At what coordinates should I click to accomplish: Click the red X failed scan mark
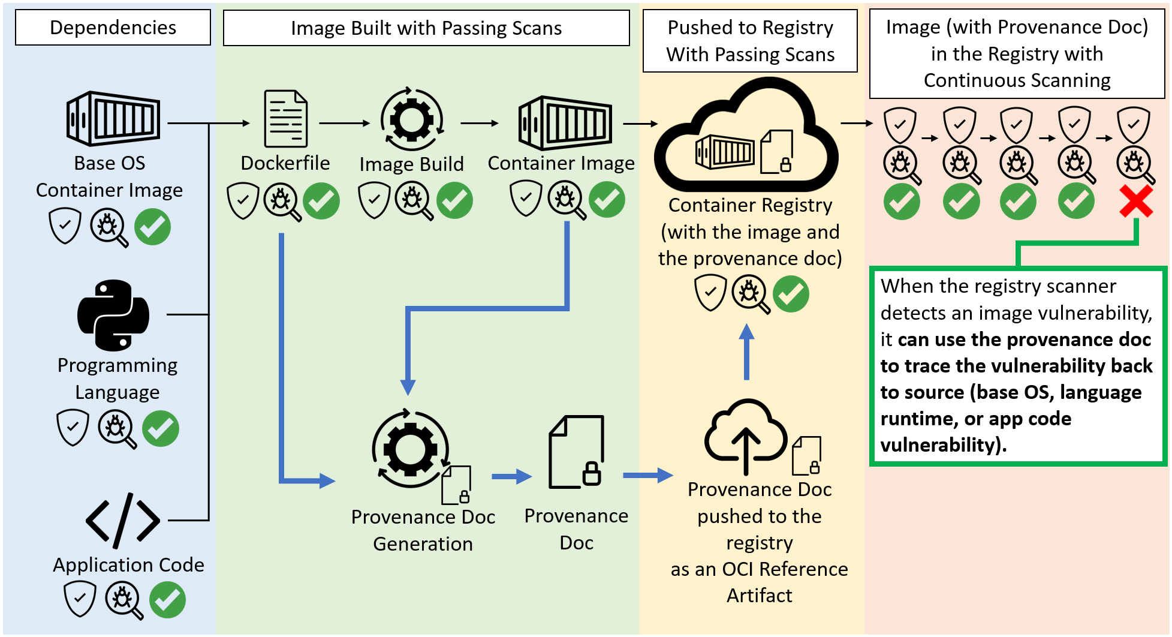tap(1135, 201)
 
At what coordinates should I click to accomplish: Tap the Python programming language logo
tap(113, 315)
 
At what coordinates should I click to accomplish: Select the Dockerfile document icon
tap(286, 118)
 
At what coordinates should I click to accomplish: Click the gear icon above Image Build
tap(412, 119)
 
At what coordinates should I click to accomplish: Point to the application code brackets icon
tap(123, 520)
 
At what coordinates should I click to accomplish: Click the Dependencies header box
tap(113, 28)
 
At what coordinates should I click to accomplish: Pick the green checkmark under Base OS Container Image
tap(152, 227)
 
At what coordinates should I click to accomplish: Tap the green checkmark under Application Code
tap(167, 600)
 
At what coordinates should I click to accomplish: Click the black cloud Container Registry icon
tap(746, 138)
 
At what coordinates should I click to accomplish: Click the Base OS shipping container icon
tap(113, 118)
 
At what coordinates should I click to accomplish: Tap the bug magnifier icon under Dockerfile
tap(282, 202)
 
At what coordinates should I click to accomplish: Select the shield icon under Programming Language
tap(73, 428)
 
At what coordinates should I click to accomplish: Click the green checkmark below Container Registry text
tap(791, 294)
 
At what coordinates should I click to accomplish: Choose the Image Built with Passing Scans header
tap(426, 28)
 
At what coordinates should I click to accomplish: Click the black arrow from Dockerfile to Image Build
tap(344, 124)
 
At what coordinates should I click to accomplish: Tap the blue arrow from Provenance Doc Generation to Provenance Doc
tap(511, 477)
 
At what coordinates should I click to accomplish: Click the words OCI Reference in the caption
tap(785, 569)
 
